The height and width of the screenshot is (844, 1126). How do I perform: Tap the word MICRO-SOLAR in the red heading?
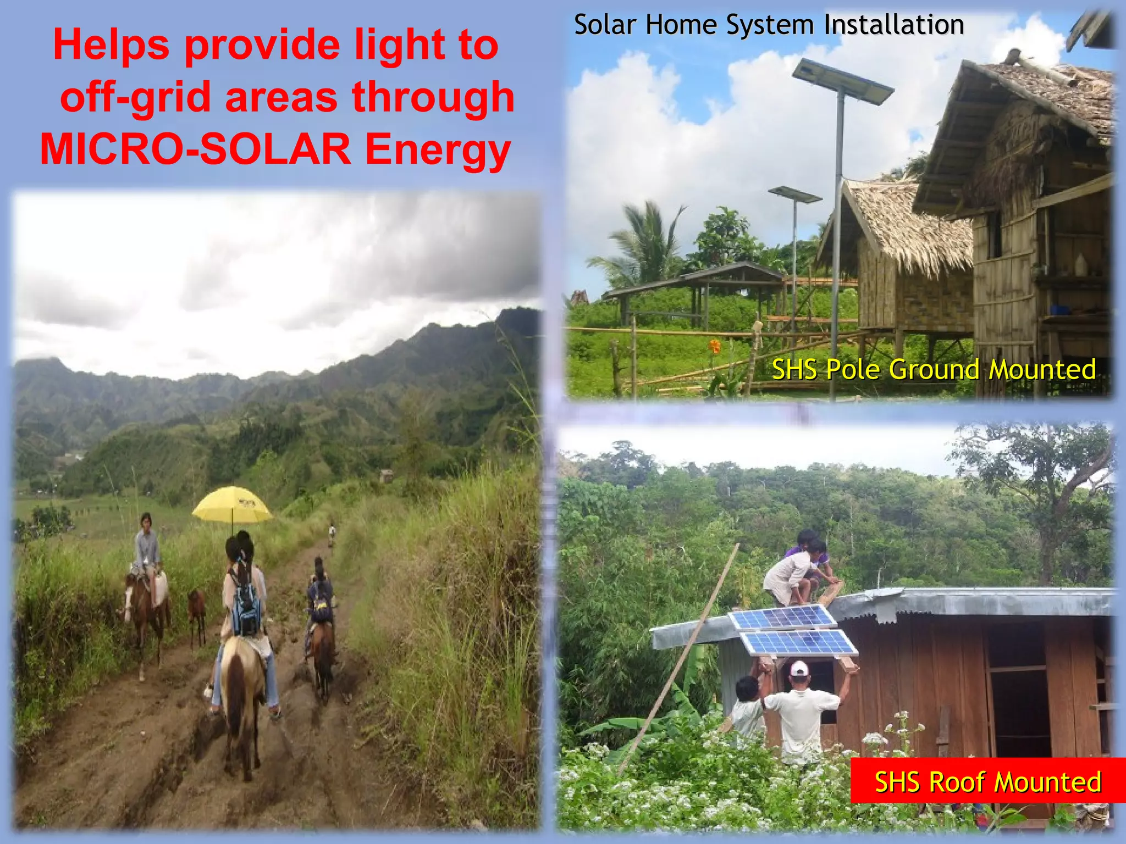point(195,149)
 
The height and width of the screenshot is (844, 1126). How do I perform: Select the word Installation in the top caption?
point(893,25)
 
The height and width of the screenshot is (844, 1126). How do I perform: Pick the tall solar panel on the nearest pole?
point(842,81)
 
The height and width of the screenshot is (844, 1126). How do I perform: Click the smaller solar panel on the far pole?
point(794,195)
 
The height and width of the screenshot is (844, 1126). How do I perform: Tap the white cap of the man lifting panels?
point(799,668)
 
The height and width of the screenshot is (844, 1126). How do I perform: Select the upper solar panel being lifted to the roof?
point(782,617)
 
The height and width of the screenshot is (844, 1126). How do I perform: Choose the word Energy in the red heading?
point(438,149)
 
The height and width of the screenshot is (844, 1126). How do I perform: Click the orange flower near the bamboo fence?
point(714,346)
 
